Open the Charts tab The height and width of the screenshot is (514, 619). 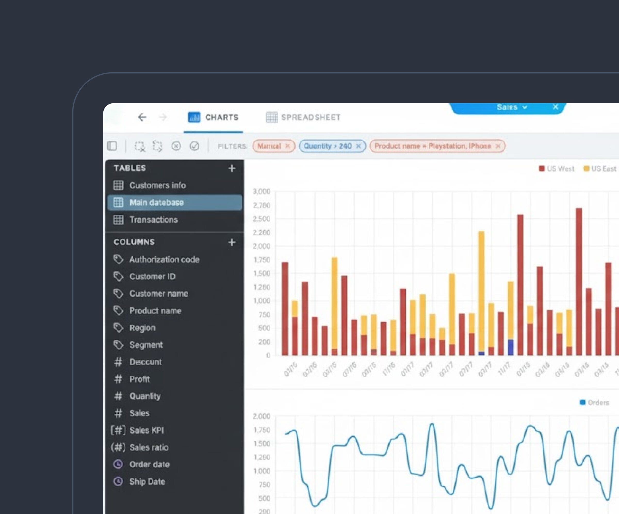(213, 117)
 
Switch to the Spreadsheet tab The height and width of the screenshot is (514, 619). (303, 117)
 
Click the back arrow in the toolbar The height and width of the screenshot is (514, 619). (142, 117)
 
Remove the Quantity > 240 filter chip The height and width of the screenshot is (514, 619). (359, 146)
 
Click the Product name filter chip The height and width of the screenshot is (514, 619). (433, 146)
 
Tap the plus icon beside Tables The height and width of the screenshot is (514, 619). (232, 168)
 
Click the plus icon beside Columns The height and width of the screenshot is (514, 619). (232, 242)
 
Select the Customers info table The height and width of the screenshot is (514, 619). (157, 185)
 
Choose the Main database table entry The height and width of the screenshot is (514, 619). (157, 202)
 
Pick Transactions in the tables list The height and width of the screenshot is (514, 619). (153, 219)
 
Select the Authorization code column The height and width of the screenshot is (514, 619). (164, 260)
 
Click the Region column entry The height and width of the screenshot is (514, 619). (142, 328)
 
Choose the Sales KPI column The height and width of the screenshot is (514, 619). (146, 430)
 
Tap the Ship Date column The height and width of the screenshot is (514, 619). (147, 481)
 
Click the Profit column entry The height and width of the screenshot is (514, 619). (140, 379)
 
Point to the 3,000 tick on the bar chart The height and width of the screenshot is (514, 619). (262, 191)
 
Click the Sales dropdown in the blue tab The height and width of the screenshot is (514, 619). (511, 107)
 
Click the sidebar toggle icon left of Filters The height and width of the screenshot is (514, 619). (112, 146)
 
